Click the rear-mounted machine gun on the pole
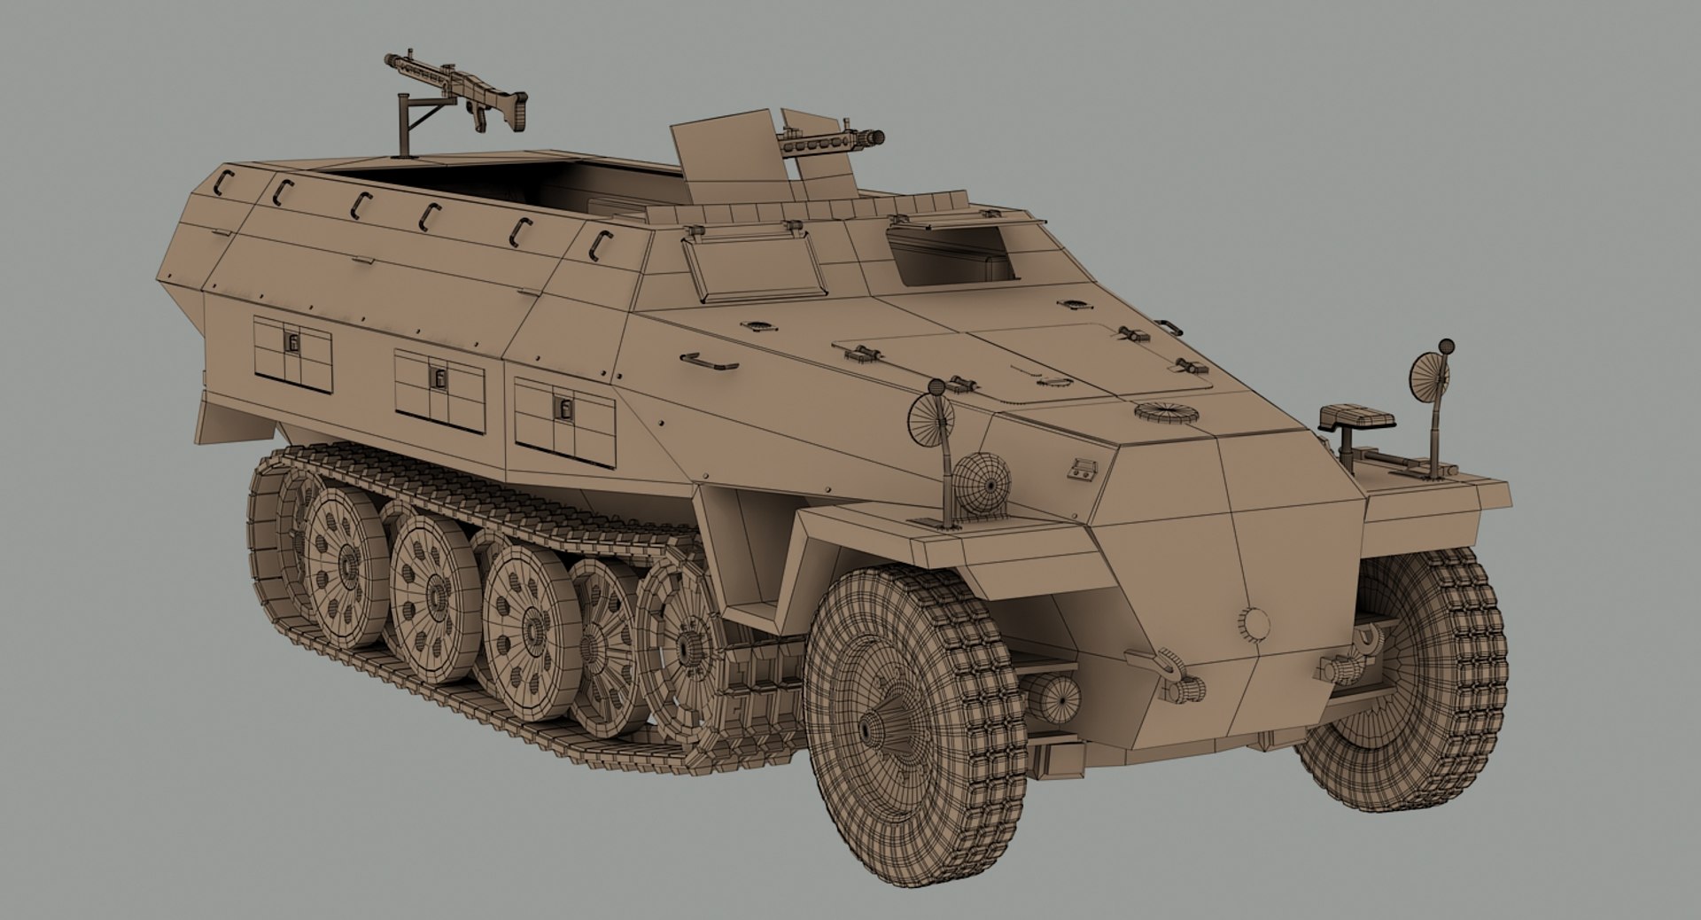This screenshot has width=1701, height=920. point(461,89)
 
